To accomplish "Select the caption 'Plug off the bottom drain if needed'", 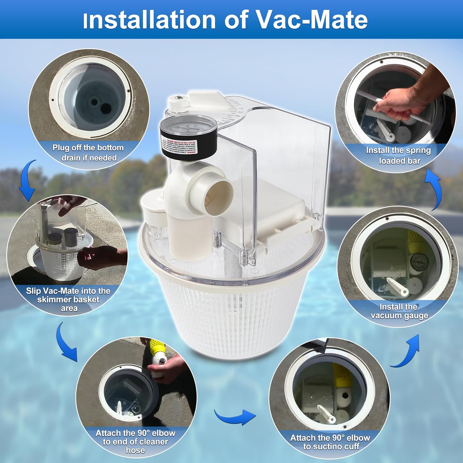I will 88,153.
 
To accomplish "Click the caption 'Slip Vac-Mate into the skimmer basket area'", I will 68,299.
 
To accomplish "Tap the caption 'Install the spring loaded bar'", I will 398,156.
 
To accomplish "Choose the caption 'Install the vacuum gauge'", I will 399,311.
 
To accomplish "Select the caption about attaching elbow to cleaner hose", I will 136,442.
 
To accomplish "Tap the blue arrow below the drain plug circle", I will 28,181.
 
